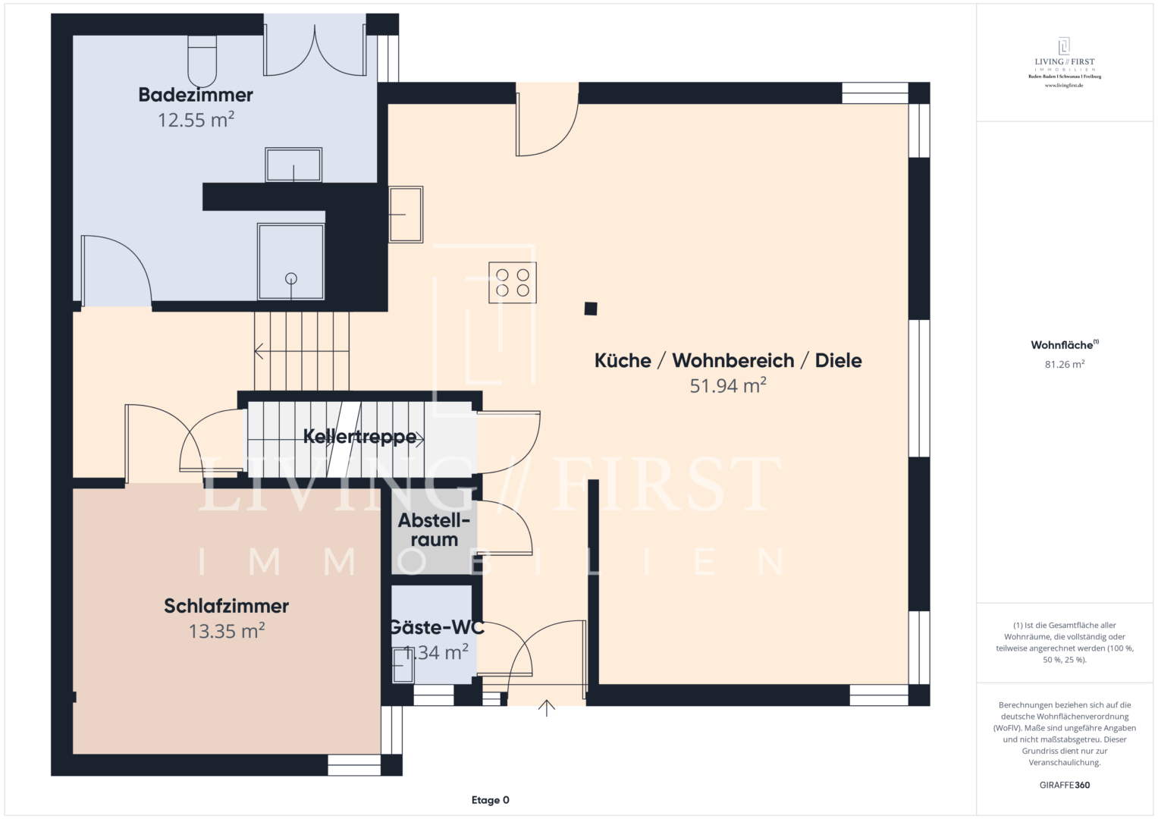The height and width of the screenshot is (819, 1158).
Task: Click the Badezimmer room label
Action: [196, 95]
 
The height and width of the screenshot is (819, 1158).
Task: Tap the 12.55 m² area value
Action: [196, 120]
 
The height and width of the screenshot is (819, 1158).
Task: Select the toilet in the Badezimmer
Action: [202, 61]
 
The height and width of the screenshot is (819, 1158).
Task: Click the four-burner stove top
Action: [513, 283]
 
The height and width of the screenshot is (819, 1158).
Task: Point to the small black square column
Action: [591, 309]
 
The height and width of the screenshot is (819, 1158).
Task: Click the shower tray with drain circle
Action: [291, 262]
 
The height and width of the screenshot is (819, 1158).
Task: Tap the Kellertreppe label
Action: [359, 437]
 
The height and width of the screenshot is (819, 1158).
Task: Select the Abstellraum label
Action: [434, 530]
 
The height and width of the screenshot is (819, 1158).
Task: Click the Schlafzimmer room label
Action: [226, 606]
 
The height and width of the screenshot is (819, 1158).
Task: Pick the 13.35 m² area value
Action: [226, 631]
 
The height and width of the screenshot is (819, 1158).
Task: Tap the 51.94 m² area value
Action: [727, 386]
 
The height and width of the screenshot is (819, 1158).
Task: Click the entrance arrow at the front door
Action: [547, 708]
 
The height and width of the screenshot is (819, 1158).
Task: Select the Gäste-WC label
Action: [436, 627]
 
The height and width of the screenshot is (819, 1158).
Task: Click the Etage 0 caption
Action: [490, 800]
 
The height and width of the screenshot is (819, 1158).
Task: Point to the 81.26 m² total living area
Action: [1064, 365]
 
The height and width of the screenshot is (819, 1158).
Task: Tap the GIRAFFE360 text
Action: [1064, 785]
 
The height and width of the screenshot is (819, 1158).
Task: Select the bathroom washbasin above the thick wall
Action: [293, 165]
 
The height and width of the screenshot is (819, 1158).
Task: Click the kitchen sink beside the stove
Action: [406, 215]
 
